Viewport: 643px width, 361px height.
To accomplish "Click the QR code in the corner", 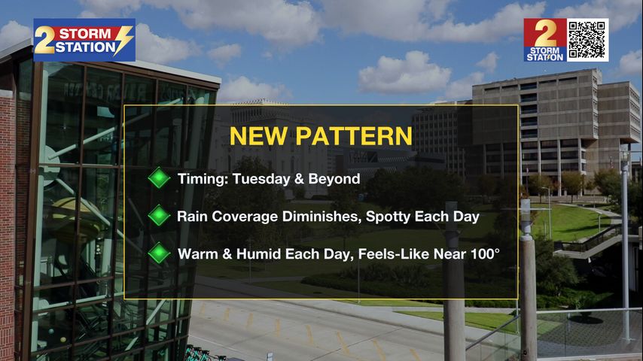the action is [587, 40].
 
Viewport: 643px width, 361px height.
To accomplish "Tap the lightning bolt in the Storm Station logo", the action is [123, 40].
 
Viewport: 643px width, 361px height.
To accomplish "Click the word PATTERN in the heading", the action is [354, 136].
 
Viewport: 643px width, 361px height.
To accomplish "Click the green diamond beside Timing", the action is [159, 177].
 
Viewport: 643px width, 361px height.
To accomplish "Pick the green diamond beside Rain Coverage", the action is [159, 216].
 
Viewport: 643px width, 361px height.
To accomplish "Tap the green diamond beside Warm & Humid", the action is [159, 253].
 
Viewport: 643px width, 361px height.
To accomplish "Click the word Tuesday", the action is [261, 179].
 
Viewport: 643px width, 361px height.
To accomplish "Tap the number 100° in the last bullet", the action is [485, 254].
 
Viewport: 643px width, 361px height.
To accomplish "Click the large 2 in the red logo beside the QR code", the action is [545, 34].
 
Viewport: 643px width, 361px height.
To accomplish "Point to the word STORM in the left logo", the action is [85, 34].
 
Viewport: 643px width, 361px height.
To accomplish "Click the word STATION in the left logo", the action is [86, 47].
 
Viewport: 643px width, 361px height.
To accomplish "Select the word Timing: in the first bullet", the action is [203, 179].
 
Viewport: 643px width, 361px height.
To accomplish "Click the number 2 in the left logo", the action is [44, 40].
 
